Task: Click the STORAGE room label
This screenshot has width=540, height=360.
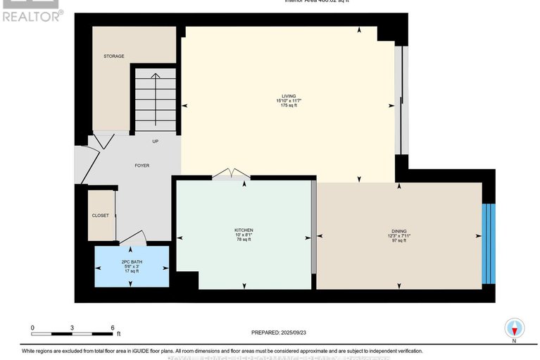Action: click(114, 56)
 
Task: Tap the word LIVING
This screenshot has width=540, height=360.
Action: click(288, 96)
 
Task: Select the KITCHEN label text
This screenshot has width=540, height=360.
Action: click(244, 230)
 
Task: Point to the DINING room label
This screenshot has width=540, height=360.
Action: click(399, 230)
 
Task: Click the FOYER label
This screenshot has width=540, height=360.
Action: click(142, 166)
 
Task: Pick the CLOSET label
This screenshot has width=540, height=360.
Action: click(100, 216)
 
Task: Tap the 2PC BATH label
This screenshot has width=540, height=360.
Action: click(132, 262)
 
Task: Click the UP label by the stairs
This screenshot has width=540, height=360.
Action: click(156, 141)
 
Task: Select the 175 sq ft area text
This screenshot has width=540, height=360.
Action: click(288, 106)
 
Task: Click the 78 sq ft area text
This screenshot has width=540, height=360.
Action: click(244, 240)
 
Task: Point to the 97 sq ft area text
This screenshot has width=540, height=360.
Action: click(399, 240)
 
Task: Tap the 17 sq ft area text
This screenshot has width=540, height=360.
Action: click(132, 271)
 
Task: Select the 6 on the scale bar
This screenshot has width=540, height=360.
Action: click(113, 328)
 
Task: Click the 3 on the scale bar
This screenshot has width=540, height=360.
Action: click(73, 328)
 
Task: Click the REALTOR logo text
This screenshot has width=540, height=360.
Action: click(32, 14)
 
